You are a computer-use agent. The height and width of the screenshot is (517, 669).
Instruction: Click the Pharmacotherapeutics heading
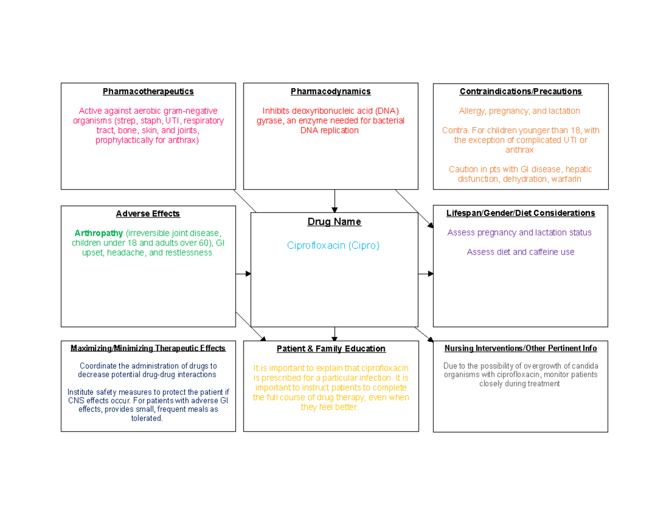click(x=148, y=91)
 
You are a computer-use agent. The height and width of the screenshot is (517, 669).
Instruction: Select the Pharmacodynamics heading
click(x=331, y=91)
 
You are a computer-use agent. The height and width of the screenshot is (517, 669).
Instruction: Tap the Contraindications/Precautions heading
click(x=521, y=91)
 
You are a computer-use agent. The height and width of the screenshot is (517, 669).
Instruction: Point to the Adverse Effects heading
click(x=148, y=214)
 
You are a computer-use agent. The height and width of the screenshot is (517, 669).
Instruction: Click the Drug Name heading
click(x=334, y=222)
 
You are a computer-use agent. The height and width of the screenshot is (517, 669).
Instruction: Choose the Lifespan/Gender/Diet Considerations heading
click(x=521, y=213)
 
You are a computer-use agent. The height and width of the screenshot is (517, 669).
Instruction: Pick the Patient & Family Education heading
click(x=331, y=349)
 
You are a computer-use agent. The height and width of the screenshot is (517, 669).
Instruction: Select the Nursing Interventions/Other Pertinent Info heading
click(x=521, y=348)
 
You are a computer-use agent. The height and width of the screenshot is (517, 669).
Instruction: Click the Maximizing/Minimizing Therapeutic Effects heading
click(x=148, y=348)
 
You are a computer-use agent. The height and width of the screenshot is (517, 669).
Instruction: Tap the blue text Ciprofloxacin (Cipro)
click(x=333, y=245)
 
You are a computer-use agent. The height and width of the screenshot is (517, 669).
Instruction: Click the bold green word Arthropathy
click(x=99, y=234)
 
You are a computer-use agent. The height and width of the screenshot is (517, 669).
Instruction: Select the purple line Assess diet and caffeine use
click(x=521, y=252)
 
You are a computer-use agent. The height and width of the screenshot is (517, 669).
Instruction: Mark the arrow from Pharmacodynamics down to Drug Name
click(x=334, y=201)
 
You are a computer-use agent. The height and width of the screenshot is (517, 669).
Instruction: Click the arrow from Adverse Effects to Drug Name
click(x=244, y=274)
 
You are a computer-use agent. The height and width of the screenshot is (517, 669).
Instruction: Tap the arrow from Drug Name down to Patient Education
click(x=334, y=334)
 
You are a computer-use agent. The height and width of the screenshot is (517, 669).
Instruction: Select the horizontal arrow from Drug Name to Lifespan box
click(x=426, y=274)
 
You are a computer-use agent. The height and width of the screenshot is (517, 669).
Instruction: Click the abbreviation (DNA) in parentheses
click(x=387, y=111)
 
